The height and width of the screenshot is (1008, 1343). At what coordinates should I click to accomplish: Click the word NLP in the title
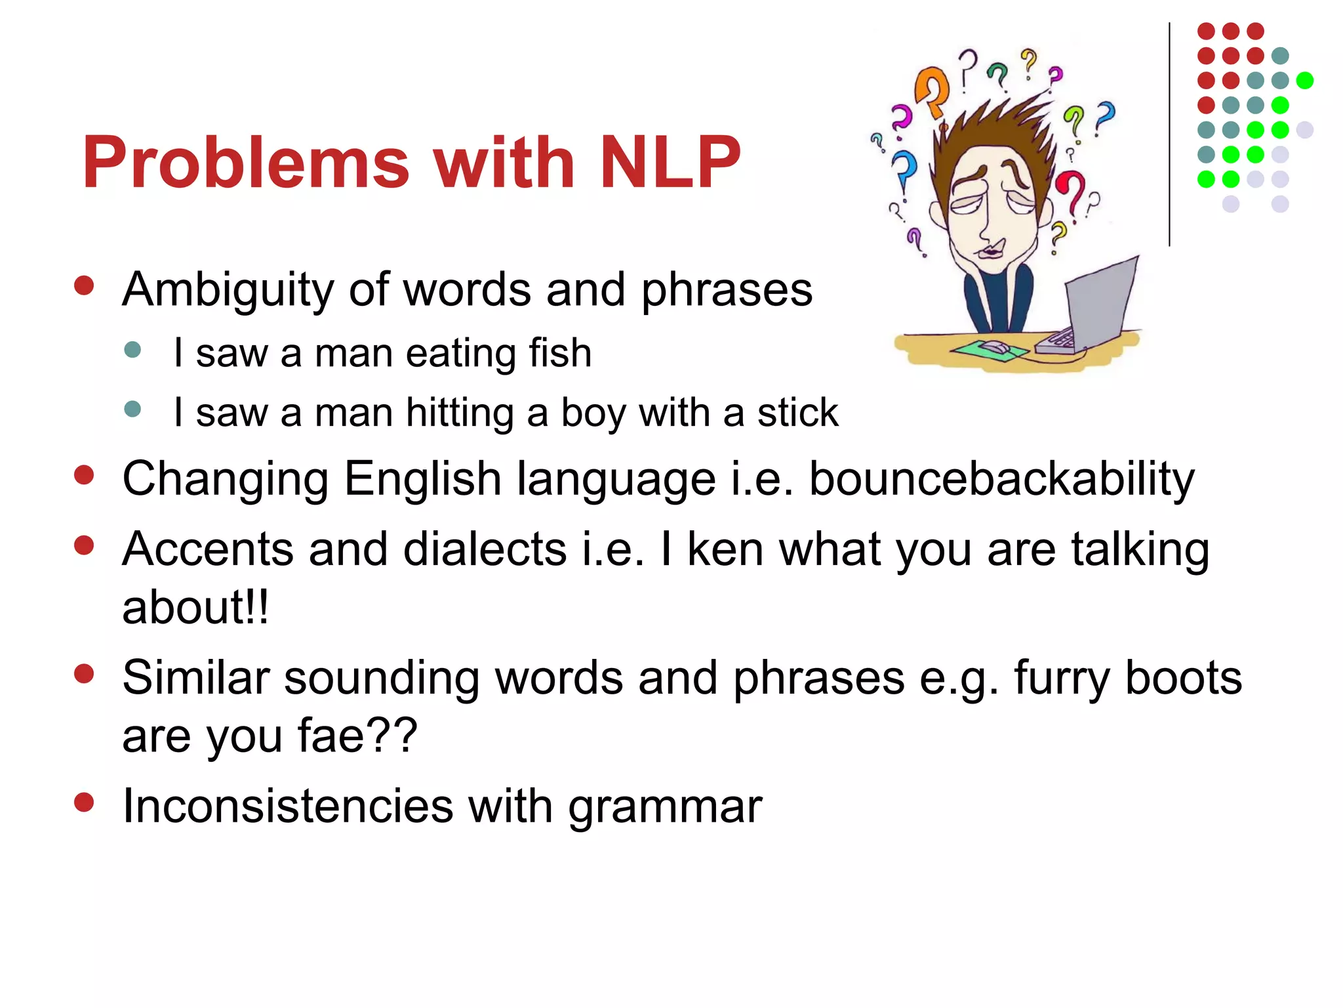click(x=670, y=162)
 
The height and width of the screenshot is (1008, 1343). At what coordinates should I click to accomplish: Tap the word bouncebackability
click(x=1001, y=480)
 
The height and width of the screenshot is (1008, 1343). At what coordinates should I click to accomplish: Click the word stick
click(x=797, y=413)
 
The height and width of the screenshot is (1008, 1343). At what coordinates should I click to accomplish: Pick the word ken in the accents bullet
click(x=725, y=549)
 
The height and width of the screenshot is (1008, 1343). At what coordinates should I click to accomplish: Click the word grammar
click(x=665, y=807)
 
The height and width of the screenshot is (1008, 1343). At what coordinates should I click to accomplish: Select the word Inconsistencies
click(x=288, y=806)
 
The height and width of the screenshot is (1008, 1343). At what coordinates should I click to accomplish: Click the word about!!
click(x=195, y=607)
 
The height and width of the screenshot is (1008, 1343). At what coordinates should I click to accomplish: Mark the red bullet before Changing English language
click(x=84, y=474)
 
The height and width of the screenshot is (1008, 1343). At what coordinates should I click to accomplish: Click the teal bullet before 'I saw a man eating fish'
click(x=132, y=349)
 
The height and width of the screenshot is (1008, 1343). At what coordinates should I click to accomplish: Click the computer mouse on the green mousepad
click(x=993, y=346)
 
